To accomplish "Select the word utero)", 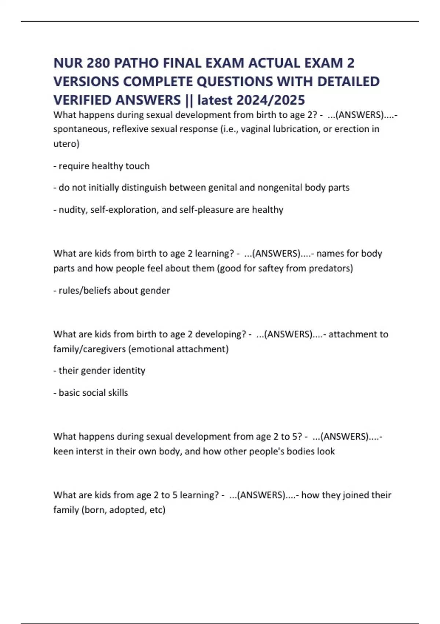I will coord(66,144).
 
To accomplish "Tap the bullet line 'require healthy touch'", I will coord(102,166).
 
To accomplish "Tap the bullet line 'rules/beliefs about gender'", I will coord(112,290).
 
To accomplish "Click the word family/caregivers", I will coord(89,349).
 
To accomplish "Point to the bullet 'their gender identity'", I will coord(99,370).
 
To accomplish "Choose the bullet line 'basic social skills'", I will coord(91,393).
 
